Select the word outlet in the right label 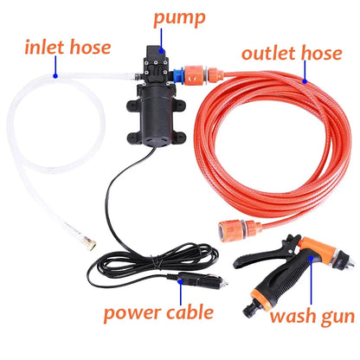[x=267, y=54]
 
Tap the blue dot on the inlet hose [x=55, y=74]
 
